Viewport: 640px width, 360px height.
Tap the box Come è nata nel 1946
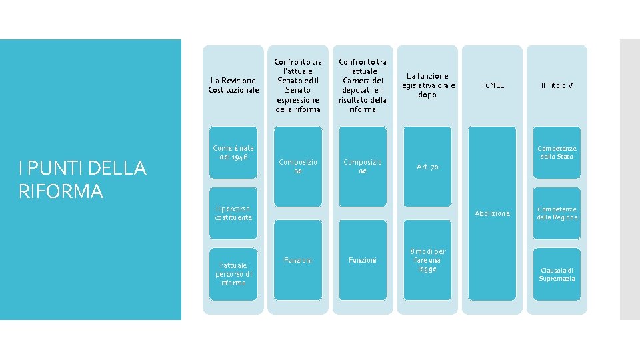(232, 152)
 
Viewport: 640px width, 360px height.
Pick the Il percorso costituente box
(232, 213)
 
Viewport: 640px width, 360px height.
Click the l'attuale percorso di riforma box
(232, 273)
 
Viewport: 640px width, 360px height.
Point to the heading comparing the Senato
(297, 85)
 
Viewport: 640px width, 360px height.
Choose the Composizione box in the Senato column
(297, 166)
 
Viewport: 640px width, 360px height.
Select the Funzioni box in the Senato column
(297, 260)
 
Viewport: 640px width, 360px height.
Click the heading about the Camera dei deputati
(362, 85)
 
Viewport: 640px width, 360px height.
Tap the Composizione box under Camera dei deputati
(362, 166)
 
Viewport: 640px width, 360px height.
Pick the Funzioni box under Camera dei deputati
(362, 260)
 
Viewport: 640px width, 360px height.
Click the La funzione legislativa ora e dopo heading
(427, 85)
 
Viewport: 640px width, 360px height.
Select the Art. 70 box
(427, 167)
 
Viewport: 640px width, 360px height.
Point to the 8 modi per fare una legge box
(427, 260)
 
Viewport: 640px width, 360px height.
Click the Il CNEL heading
(492, 85)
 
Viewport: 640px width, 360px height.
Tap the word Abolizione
(492, 213)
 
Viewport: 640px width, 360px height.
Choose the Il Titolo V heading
(557, 85)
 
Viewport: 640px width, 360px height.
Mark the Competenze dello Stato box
(557, 152)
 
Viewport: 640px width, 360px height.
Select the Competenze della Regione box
(557, 213)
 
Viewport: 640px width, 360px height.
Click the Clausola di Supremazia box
(557, 274)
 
